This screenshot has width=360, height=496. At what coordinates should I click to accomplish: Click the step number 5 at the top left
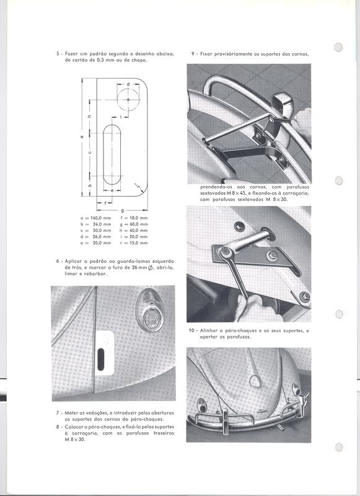(x=58, y=54)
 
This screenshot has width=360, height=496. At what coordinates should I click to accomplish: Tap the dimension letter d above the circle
(x=128, y=84)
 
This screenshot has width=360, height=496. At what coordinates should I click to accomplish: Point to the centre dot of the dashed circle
(x=128, y=99)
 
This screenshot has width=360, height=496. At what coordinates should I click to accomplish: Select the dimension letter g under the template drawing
(x=122, y=210)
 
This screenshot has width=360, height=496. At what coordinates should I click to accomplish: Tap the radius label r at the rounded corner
(x=138, y=187)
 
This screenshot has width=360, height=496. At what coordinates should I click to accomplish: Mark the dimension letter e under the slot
(x=112, y=191)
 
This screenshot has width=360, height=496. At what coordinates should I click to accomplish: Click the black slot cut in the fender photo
(x=101, y=359)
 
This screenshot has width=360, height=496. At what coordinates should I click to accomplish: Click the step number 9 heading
(x=193, y=54)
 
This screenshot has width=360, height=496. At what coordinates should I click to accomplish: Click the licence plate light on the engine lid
(x=255, y=381)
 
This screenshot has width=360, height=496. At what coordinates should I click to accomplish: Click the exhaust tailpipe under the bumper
(x=279, y=427)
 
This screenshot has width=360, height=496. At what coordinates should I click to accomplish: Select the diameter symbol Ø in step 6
(x=150, y=268)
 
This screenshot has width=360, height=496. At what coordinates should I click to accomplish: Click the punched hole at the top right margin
(x=338, y=47)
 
